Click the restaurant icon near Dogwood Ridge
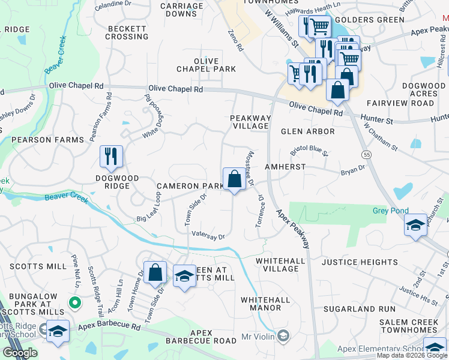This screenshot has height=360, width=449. click(111, 157)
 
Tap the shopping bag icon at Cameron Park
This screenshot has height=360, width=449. click(234, 179)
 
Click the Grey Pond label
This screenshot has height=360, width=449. click(390, 211)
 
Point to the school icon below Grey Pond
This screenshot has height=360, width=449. click(415, 226)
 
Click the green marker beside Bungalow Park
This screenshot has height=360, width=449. click(74, 303)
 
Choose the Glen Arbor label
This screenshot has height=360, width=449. click(307, 131)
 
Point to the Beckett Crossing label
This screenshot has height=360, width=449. click(127, 32)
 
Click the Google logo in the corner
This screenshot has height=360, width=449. click(20, 353)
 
